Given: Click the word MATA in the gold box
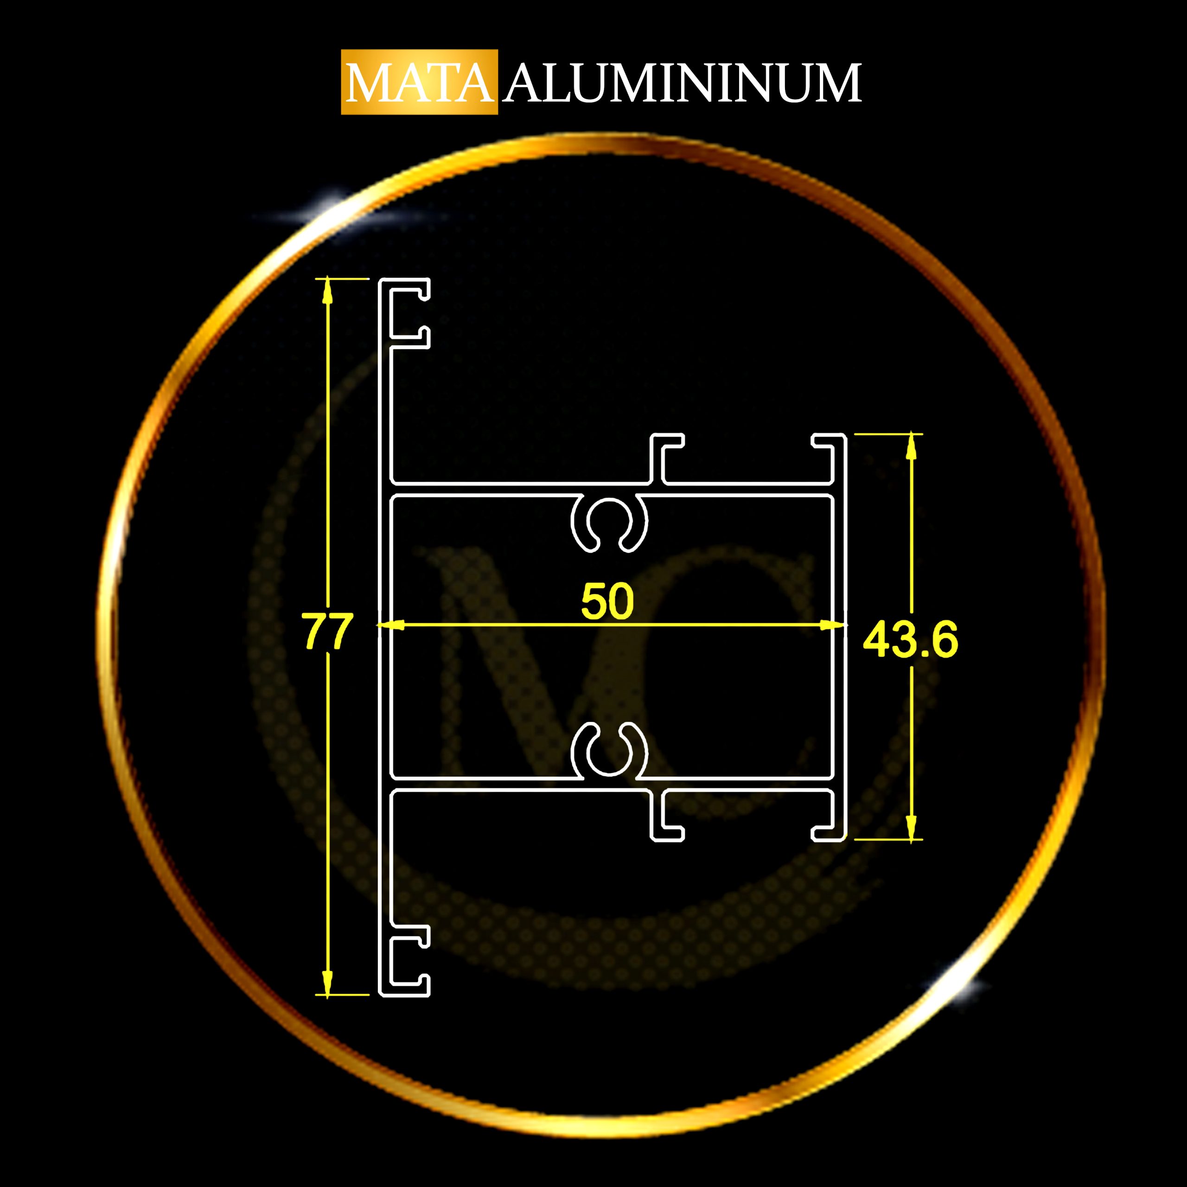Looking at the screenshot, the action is [420, 83].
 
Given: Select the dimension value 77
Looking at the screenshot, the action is [327, 631].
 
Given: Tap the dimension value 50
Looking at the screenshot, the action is [607, 601].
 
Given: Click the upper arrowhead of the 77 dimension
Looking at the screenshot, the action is [327, 290].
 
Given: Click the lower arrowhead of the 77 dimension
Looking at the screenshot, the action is [327, 983].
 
